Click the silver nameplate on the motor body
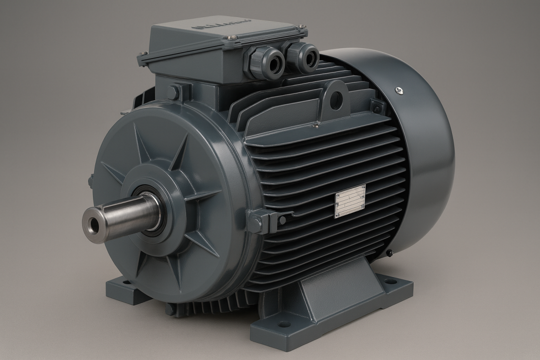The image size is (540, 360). [350, 201]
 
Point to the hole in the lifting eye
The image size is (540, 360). [335, 100]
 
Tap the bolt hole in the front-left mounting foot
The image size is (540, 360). [126, 282]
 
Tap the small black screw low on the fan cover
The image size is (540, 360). [388, 253]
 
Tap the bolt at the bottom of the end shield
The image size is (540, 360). [170, 310]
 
